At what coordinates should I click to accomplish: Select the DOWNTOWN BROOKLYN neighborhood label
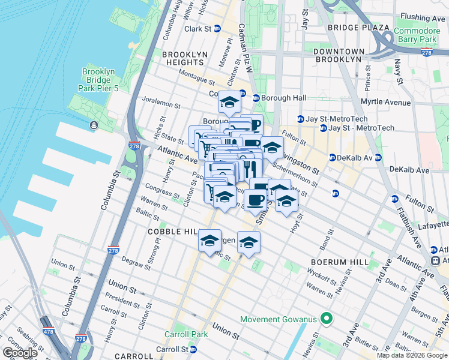339,56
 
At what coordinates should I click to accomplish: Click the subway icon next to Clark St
217,29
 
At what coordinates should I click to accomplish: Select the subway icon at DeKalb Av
332,158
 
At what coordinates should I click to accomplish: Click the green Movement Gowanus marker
326,318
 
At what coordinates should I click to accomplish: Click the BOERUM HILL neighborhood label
335,262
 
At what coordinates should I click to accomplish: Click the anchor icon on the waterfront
94,125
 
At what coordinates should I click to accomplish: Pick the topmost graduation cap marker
229,103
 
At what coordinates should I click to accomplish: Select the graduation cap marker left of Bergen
209,241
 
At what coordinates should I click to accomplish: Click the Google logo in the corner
19,353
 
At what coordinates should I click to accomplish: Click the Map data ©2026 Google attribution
412,355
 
